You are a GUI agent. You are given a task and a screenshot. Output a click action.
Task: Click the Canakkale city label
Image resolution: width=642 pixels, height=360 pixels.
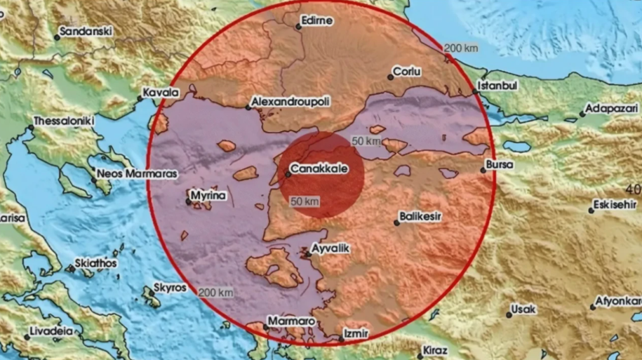(x=319, y=168)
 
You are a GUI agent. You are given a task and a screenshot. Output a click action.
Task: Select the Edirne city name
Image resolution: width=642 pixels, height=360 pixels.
(x=317, y=21)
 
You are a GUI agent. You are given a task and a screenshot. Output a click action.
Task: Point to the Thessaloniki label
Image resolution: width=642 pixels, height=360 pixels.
(x=64, y=121)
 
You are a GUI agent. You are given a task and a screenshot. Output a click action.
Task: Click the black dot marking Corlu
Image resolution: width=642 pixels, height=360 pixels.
(x=391, y=77)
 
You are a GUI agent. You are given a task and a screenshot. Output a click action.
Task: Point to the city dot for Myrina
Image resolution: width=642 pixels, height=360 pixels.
(x=188, y=202)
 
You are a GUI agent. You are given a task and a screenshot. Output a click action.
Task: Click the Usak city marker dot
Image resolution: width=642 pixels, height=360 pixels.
(x=509, y=315)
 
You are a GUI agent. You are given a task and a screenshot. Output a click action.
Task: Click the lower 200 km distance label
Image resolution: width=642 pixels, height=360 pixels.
(x=216, y=292)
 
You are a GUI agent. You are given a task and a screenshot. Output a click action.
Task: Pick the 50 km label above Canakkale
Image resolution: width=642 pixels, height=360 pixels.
(x=366, y=141)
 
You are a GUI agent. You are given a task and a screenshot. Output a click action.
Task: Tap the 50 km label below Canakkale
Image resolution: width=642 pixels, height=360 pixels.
(x=305, y=202)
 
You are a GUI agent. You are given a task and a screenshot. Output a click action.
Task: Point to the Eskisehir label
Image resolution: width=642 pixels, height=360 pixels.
(x=614, y=206)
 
